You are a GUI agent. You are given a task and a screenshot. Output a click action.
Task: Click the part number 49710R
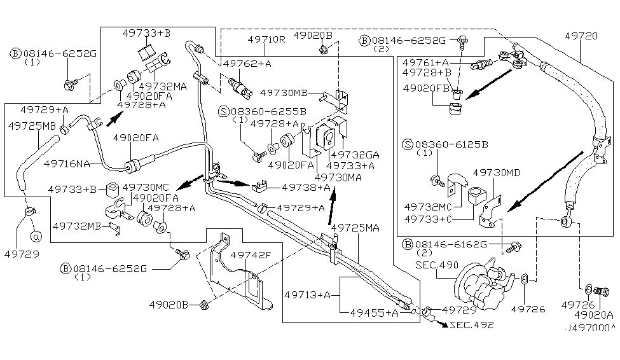click(266, 40)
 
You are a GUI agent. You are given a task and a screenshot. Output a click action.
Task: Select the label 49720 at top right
click(580, 37)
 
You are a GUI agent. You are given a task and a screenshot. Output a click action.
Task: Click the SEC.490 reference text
click(436, 264)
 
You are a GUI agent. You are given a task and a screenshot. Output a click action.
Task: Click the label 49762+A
click(247, 64)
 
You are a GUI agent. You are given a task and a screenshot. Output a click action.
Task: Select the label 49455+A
click(375, 312)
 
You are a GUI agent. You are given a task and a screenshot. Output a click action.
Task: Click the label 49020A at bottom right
click(593, 314)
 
